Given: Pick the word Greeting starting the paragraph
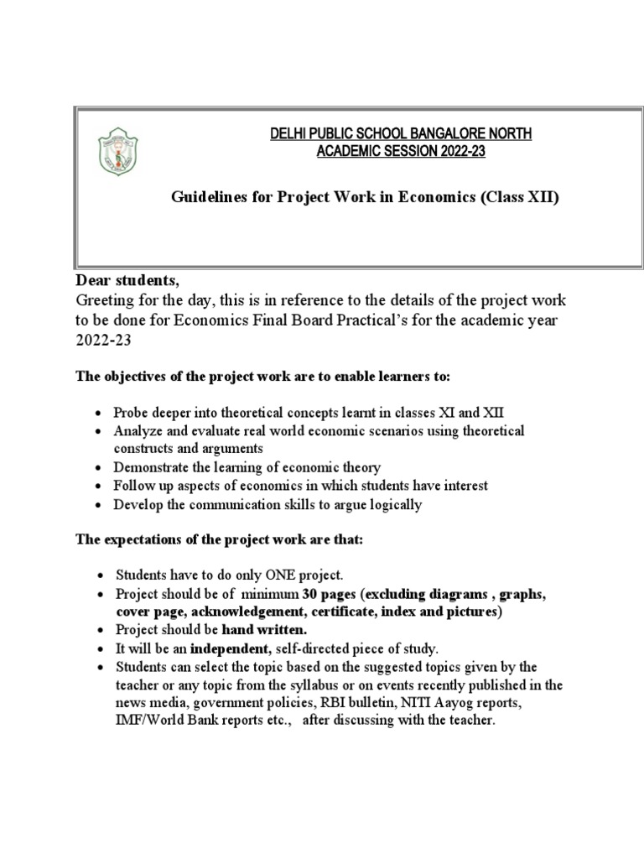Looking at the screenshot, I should point(106,300).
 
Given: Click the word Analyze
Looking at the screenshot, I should point(139,430).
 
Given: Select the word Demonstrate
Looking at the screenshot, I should point(154,467).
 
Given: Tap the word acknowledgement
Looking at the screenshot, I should point(242,612).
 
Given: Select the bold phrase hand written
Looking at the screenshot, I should point(264,630).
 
